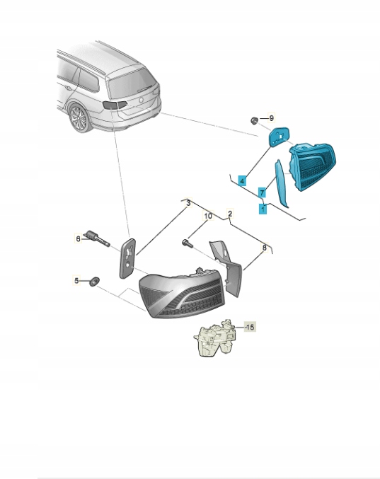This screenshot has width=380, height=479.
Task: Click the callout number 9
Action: (x=271, y=118)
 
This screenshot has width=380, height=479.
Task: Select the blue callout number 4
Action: (x=242, y=181)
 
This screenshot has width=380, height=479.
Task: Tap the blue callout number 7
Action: (x=262, y=192)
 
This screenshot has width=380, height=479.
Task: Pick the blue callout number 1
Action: (x=263, y=209)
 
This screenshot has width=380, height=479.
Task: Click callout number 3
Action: (x=189, y=203)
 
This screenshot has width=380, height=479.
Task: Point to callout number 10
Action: (x=208, y=217)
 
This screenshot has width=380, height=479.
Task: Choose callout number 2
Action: (x=230, y=214)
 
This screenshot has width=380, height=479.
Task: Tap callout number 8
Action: (x=265, y=248)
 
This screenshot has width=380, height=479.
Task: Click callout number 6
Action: (x=79, y=238)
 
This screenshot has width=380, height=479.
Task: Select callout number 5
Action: (x=76, y=280)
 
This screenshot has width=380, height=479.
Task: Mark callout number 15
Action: (x=250, y=327)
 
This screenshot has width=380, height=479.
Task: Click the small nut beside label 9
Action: (x=254, y=121)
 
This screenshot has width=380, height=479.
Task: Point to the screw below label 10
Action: (x=186, y=243)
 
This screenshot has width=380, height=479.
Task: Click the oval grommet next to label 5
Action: (x=94, y=282)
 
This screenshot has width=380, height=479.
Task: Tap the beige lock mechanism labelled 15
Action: (x=215, y=338)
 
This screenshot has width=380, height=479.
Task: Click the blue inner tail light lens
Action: (x=313, y=166)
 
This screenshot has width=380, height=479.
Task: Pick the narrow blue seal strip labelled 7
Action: (x=281, y=183)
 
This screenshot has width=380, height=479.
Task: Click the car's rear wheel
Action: (x=79, y=118)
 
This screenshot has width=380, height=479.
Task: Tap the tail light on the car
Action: (x=115, y=105)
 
